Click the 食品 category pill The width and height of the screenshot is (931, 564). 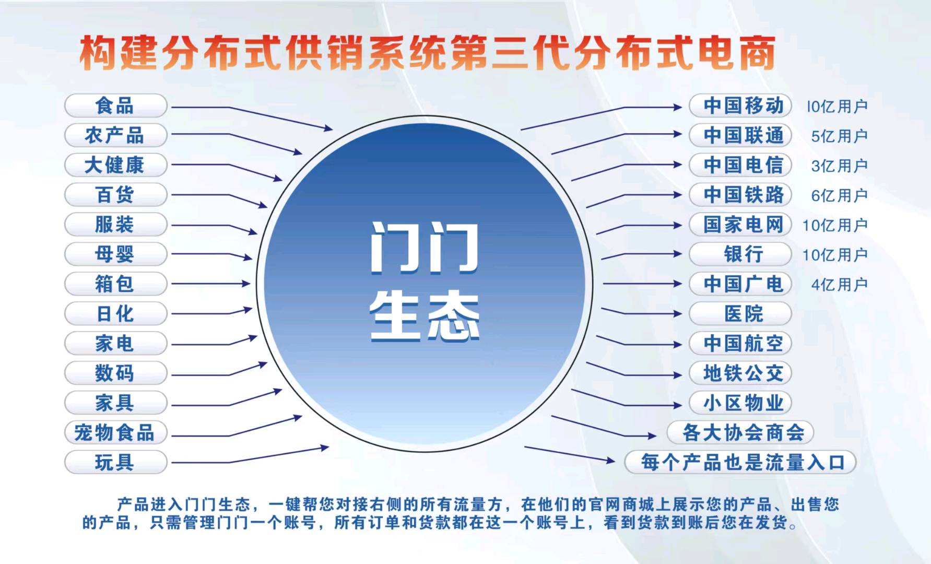point(115,106)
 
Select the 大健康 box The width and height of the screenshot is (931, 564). point(115,165)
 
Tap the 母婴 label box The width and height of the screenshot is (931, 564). point(115,254)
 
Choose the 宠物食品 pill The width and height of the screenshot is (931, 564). point(115,432)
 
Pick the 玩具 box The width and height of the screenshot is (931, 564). point(115,462)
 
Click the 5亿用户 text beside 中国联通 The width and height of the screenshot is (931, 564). point(839,136)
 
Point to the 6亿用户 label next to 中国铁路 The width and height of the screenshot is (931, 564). point(839,196)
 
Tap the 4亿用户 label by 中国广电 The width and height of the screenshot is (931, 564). point(839,285)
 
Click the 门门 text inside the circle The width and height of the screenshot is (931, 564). point(424,248)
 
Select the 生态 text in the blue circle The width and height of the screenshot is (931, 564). point(424,316)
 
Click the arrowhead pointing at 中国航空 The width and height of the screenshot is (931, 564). point(678,345)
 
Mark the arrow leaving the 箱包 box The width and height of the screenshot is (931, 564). point(209,284)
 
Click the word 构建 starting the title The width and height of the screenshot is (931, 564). point(117,53)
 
